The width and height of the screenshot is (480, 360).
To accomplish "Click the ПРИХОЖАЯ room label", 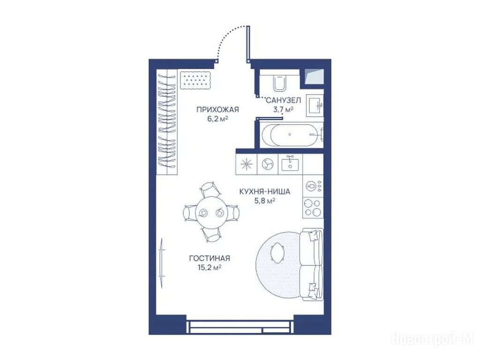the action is click(x=217, y=110).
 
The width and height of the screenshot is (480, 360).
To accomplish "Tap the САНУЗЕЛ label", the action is click(x=284, y=100).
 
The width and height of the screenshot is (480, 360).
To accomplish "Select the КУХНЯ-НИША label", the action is click(x=264, y=192).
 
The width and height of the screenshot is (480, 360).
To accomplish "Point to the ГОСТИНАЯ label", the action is click(x=210, y=258).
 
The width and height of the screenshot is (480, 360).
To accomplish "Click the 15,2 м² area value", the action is click(x=210, y=268).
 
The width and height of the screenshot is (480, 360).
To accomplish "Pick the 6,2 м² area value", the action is click(x=217, y=119).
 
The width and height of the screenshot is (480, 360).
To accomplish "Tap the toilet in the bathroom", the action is click(x=279, y=82).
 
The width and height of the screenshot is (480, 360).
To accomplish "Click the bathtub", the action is click(x=291, y=135).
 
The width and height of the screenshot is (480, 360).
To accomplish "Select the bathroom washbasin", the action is click(x=315, y=105).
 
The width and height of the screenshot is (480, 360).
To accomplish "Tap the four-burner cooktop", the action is click(x=313, y=208).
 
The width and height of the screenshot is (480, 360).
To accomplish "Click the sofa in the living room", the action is click(x=312, y=264).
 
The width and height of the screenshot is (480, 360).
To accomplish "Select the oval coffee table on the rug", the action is click(x=277, y=253).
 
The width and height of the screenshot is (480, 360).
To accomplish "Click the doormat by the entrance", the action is click(x=195, y=80).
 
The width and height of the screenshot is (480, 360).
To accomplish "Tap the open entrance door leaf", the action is click(x=248, y=44).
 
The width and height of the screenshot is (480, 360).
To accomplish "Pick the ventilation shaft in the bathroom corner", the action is click(x=315, y=77).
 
